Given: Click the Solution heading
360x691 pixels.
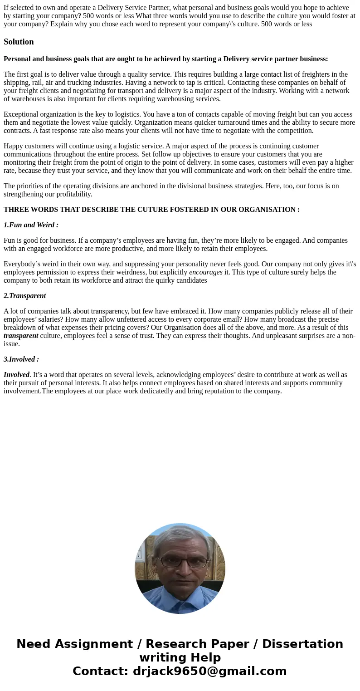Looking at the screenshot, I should coord(19,42).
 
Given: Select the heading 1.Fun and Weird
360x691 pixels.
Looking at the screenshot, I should coord(31,225).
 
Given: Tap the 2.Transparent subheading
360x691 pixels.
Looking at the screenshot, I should coord(25,296).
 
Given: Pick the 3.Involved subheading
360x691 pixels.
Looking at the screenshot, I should coord(21,359).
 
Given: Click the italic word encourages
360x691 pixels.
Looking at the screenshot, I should coord(206,272).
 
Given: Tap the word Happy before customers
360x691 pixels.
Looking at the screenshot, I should coord(13,146).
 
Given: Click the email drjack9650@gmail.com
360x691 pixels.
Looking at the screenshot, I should coord(209,671).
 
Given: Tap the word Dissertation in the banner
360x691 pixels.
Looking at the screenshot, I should coord(302,644).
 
